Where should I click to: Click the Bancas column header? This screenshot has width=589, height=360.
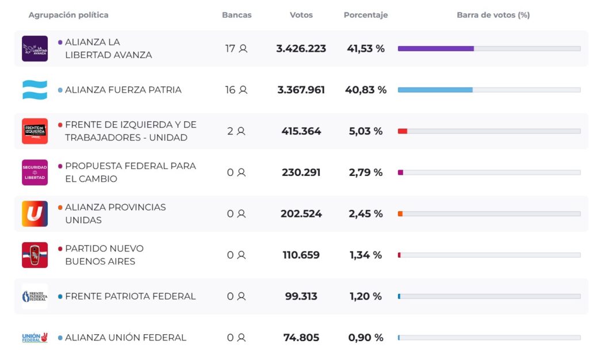[236, 15]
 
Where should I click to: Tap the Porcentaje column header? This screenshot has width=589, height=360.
[365, 15]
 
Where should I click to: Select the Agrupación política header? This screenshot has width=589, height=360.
[68, 15]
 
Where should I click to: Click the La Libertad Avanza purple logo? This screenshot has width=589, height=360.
[35, 48]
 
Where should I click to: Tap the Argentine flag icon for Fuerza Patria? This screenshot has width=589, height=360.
[35, 90]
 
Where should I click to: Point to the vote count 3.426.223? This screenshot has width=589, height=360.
[301, 48]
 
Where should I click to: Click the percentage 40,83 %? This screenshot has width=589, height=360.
[366, 90]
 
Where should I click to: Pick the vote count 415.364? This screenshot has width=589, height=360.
[301, 131]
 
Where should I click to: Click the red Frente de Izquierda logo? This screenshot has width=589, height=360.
[35, 131]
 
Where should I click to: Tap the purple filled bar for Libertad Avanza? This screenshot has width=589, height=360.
[435, 48]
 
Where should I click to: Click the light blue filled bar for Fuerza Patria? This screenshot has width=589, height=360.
[435, 90]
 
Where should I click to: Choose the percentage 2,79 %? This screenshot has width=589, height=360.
[366, 173]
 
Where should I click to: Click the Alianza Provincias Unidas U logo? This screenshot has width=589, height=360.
[35, 214]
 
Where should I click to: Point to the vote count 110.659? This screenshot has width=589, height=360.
[301, 255]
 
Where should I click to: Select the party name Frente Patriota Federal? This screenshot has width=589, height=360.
[130, 296]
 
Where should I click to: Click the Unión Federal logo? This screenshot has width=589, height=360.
[35, 338]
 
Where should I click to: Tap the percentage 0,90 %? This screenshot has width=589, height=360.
[366, 338]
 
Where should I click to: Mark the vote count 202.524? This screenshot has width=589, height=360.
[301, 214]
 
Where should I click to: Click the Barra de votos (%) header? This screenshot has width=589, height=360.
[493, 15]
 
